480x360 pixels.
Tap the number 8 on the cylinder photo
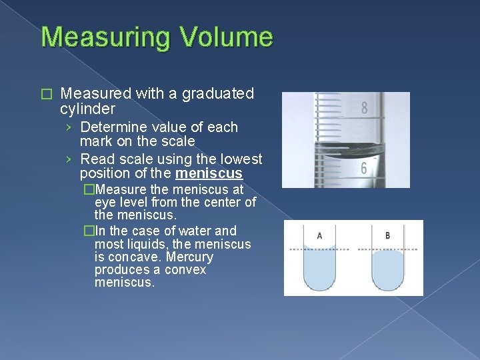pos(365,107)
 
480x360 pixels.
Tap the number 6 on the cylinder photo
pos(364,169)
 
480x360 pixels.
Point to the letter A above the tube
pos(320,236)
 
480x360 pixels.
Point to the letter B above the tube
pos(388,236)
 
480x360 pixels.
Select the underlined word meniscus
pos(209,174)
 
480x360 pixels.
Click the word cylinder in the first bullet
pos(87,109)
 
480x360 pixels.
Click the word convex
pos(184,269)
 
